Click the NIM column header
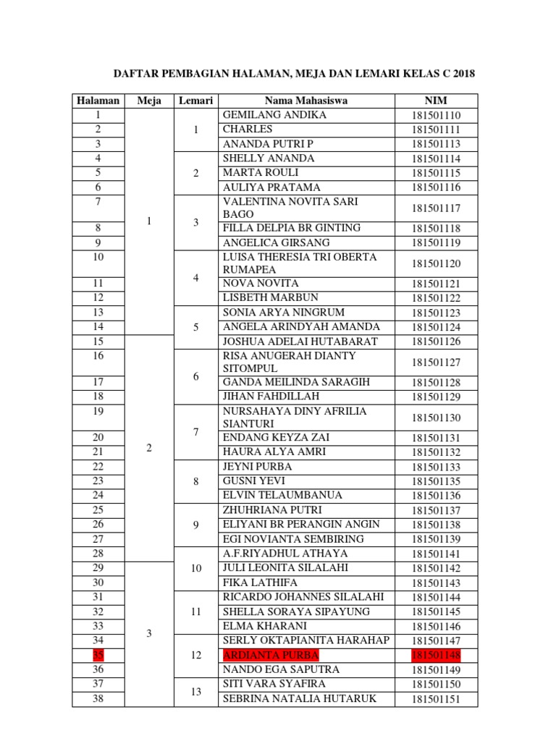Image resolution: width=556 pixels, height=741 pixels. (436, 101)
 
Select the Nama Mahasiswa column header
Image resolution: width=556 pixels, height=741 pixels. (306, 101)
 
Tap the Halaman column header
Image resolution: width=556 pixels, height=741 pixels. (98, 101)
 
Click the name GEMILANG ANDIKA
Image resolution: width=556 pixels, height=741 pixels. (274, 115)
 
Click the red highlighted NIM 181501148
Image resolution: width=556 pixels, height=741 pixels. (436, 655)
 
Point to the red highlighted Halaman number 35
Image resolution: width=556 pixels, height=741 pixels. (98, 655)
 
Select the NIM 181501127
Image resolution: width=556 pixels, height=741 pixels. (436, 363)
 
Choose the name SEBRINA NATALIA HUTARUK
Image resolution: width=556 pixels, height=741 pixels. (298, 698)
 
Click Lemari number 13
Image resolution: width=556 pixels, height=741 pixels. (195, 691)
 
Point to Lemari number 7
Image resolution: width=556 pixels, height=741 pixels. (195, 432)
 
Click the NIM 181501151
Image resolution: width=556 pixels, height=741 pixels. (436, 699)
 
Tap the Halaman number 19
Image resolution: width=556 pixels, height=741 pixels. (98, 411)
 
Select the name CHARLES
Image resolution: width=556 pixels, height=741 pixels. (248, 129)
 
